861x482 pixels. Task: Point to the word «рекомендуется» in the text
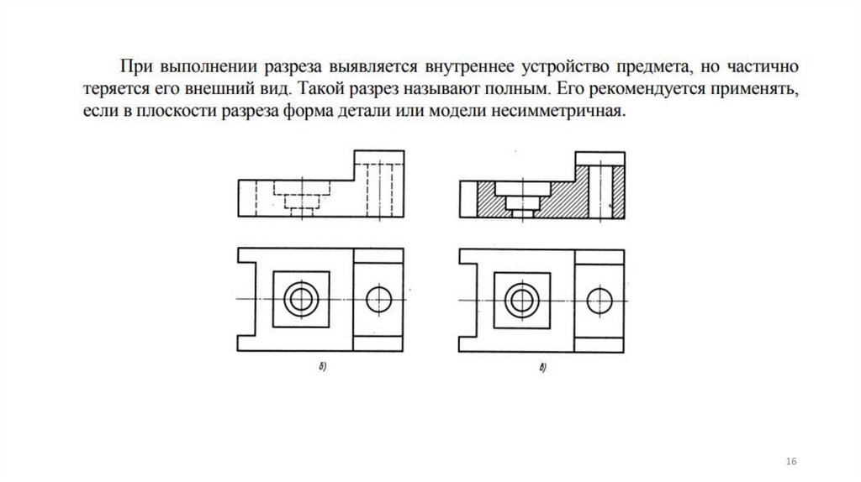tap(643, 87)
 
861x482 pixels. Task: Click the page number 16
tap(790, 464)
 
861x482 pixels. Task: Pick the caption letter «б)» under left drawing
tap(323, 367)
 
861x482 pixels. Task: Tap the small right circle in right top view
tap(600, 300)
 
